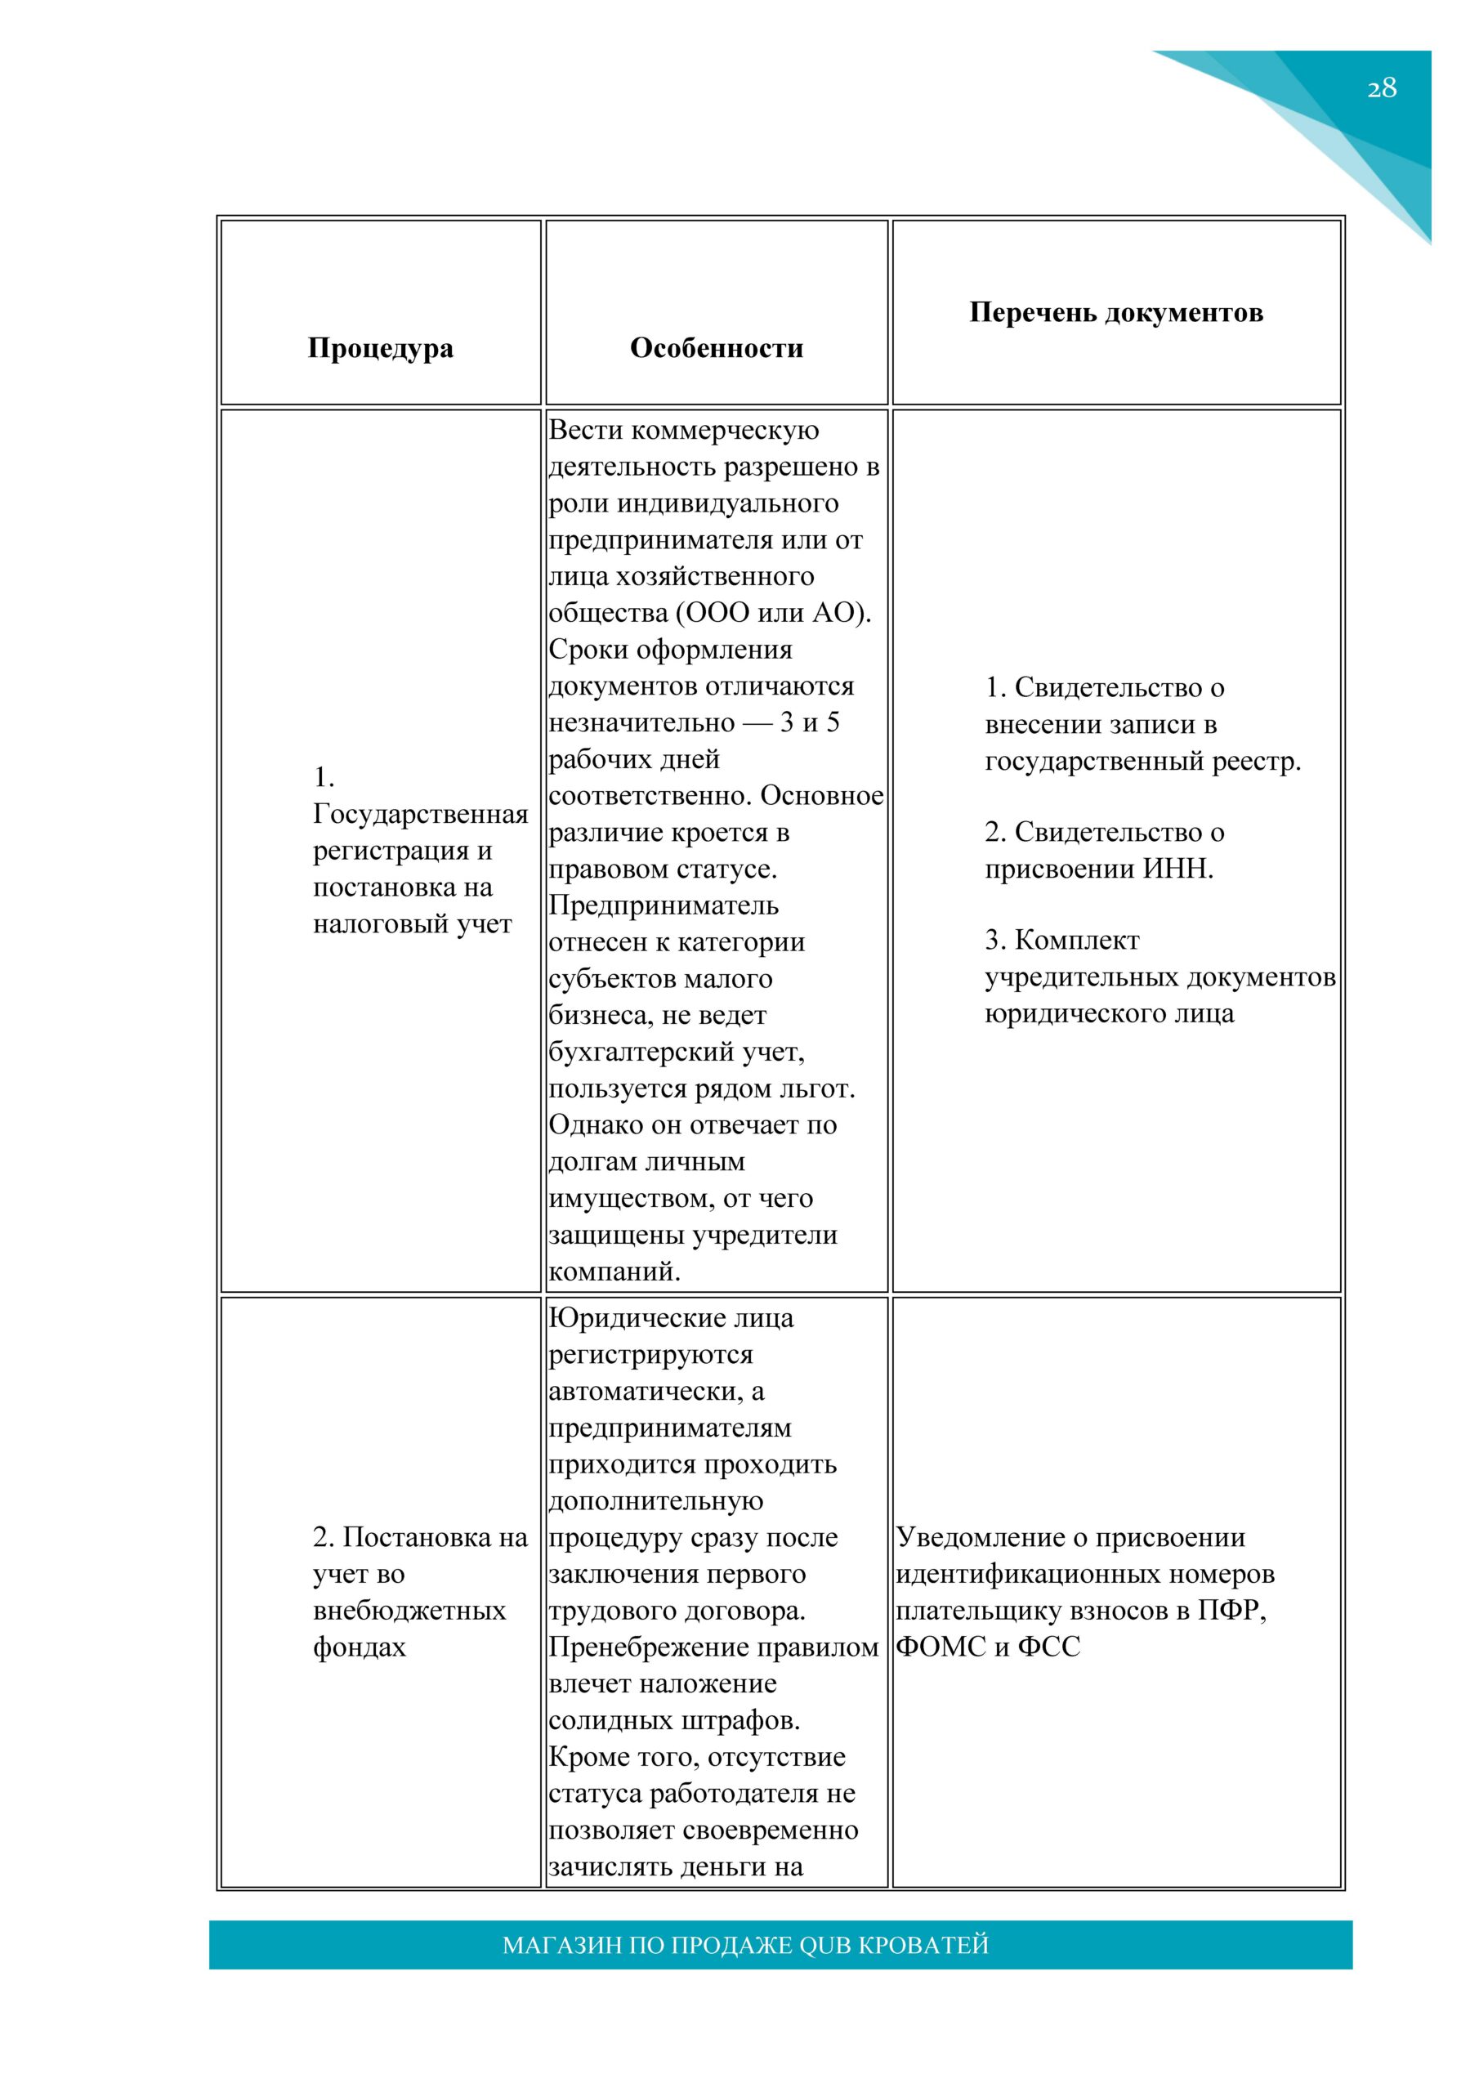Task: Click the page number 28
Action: pyautogui.click(x=1381, y=88)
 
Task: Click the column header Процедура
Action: pyautogui.click(x=380, y=348)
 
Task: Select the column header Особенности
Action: pyautogui.click(x=717, y=348)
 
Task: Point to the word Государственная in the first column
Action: pyautogui.click(x=420, y=814)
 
